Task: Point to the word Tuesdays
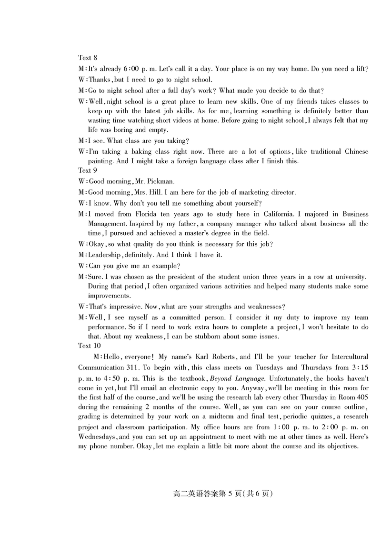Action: click(270, 367)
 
